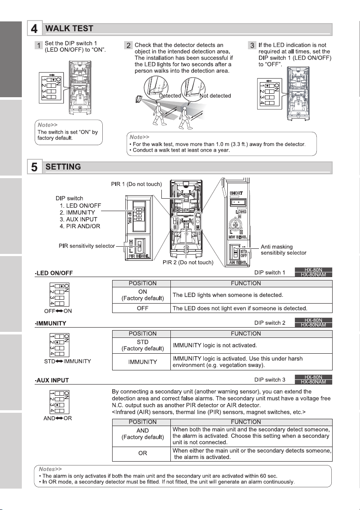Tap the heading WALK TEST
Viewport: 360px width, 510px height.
tap(69, 29)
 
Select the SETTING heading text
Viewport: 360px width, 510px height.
tap(63, 167)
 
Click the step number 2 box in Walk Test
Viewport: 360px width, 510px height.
tap(128, 45)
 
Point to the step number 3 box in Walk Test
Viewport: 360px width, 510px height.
tap(252, 45)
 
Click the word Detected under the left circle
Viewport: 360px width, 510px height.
tap(170, 96)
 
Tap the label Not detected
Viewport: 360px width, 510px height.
tap(215, 96)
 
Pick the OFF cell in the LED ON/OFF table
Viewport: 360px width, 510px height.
tap(141, 308)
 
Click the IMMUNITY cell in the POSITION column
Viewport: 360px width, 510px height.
tap(141, 362)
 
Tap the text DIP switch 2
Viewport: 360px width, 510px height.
tap(270, 322)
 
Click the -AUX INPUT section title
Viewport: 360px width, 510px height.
tap(52, 380)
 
